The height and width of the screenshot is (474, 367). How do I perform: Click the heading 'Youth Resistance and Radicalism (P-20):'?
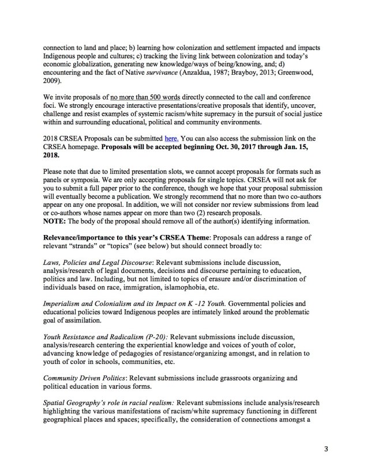click(105, 336)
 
